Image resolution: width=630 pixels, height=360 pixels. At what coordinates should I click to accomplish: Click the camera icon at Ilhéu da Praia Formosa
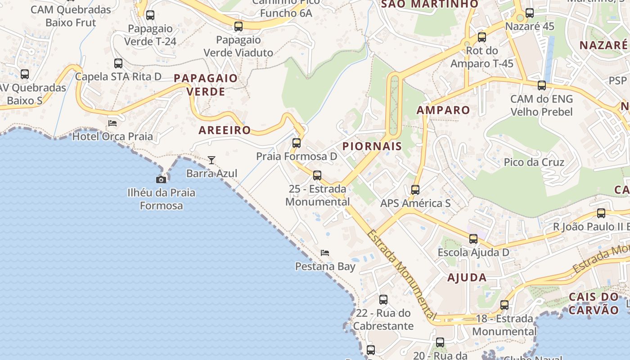click(161, 180)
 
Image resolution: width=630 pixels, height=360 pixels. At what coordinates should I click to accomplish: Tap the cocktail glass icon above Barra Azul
click(211, 160)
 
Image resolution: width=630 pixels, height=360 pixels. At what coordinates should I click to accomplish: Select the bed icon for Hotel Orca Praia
click(112, 123)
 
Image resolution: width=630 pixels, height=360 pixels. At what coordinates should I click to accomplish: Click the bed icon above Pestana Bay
click(325, 253)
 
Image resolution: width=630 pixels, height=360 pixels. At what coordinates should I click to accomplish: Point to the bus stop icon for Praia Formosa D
click(297, 143)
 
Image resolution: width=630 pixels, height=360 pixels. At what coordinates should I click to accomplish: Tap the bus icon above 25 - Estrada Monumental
click(317, 175)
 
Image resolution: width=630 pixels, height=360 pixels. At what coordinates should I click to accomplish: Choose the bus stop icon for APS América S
click(415, 190)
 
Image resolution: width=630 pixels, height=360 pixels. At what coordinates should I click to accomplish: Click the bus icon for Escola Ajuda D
click(473, 239)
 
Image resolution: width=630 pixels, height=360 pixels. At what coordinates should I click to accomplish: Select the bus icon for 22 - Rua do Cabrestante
click(383, 300)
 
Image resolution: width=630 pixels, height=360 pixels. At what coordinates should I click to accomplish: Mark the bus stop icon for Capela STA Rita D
click(118, 63)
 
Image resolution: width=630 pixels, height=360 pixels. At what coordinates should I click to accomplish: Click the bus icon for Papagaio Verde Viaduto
click(238, 27)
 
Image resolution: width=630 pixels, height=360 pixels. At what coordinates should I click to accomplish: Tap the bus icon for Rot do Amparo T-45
click(482, 37)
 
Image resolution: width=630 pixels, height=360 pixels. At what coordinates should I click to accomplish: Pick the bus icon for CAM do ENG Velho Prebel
click(542, 85)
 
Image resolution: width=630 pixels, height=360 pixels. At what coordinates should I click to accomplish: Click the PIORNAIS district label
click(372, 146)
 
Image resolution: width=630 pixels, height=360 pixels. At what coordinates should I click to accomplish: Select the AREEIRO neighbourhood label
click(225, 130)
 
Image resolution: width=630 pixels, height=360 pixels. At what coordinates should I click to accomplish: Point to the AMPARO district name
click(443, 110)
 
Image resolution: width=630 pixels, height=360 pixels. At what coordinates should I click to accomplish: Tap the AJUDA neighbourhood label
click(467, 278)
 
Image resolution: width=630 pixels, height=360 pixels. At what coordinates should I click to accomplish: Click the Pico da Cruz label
click(534, 162)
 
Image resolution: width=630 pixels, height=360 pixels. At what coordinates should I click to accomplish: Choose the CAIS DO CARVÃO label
click(594, 303)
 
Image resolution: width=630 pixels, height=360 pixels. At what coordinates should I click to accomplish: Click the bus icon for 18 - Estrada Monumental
click(504, 305)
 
